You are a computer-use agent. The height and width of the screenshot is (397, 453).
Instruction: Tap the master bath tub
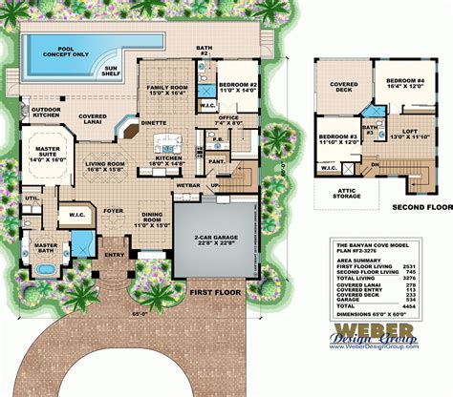click(x=42, y=271)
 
